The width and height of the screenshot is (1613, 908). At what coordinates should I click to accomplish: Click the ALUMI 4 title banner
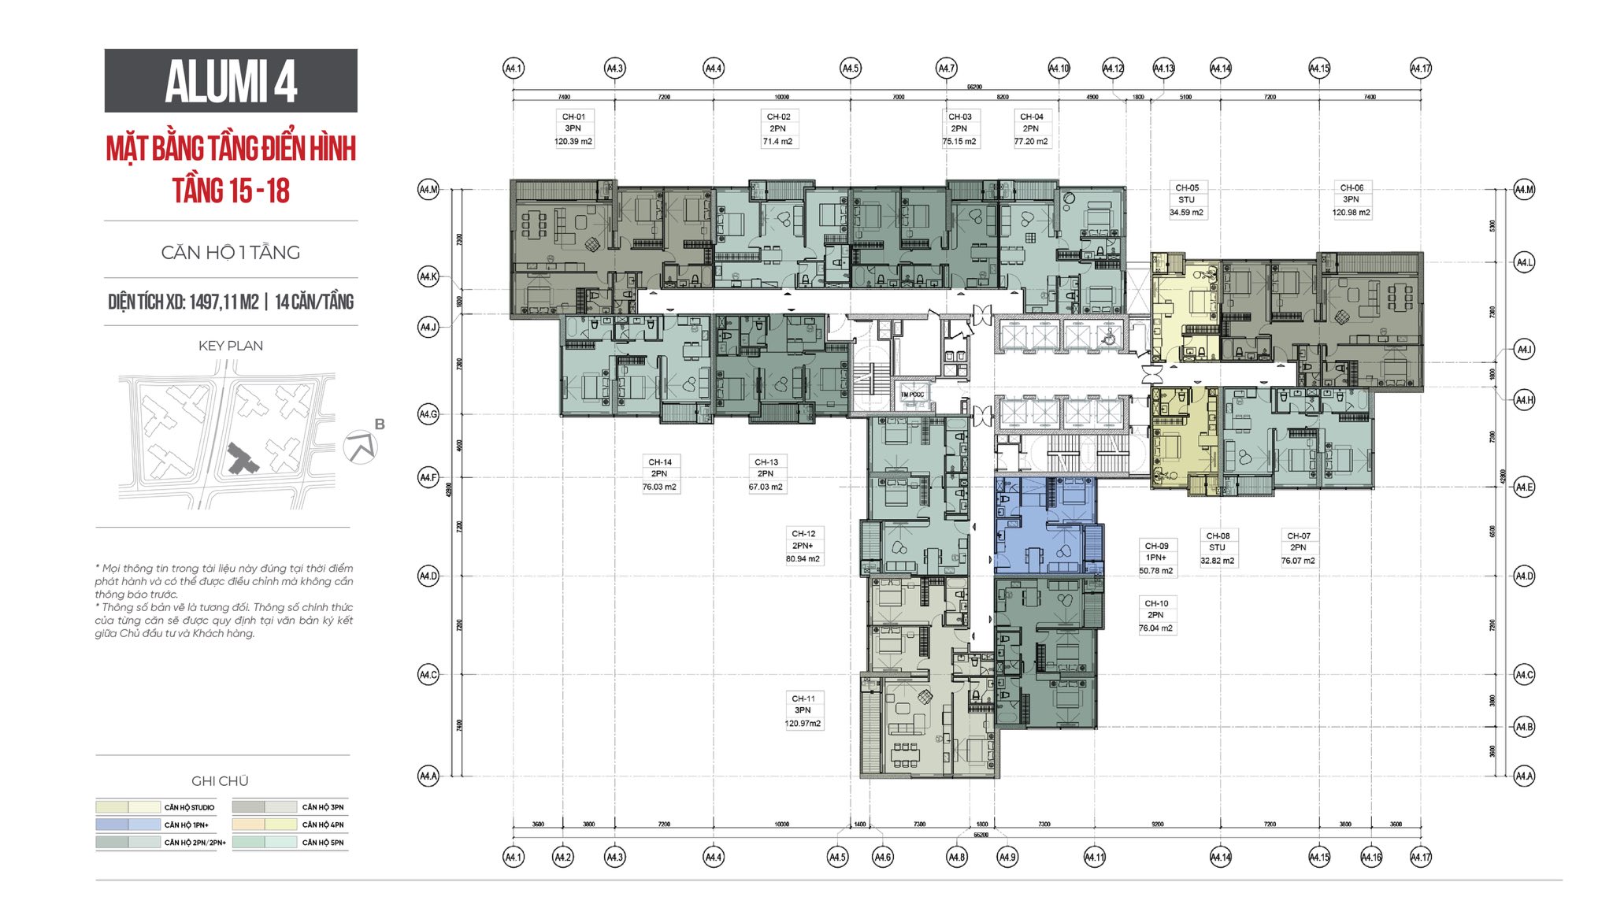coord(231,80)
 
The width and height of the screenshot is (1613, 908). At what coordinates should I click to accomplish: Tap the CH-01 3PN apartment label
coord(573,128)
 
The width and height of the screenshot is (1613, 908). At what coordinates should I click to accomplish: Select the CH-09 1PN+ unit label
coord(1156,558)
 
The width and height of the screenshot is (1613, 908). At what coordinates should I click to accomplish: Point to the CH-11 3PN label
coord(803,710)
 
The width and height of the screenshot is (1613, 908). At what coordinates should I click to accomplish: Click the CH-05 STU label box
coord(1186,200)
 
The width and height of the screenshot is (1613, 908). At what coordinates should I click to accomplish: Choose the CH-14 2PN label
coord(659,474)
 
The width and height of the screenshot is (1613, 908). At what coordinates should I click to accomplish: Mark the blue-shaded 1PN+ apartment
coord(1044,526)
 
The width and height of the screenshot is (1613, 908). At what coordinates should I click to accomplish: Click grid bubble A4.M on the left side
coord(428,190)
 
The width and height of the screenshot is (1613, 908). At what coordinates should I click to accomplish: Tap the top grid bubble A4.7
coord(946,69)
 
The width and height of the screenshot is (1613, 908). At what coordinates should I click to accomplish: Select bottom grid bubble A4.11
coord(1094,857)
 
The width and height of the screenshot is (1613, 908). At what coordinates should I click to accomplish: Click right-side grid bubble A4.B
coord(1524,726)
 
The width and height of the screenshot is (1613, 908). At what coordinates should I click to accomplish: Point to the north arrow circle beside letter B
coord(360,447)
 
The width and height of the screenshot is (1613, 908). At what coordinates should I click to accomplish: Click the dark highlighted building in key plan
coord(241,458)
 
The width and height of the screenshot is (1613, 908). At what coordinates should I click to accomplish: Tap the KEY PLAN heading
coord(231,346)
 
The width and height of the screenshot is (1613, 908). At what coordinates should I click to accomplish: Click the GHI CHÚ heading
coord(220,780)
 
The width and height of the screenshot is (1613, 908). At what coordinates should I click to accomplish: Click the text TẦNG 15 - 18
coord(231,191)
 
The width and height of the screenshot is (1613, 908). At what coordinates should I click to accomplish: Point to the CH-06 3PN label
coord(1351,200)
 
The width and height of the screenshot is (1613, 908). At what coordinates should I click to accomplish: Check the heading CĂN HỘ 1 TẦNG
coord(231,253)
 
